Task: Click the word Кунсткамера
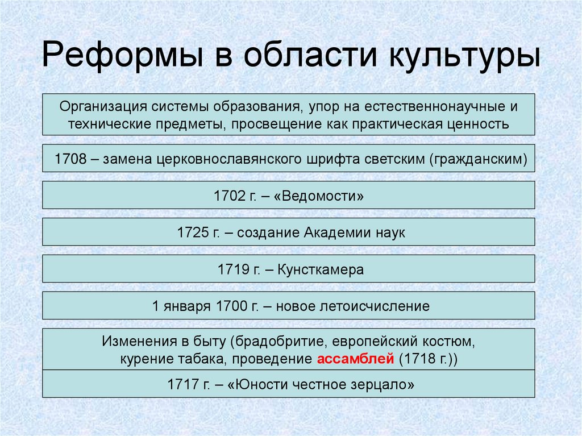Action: pyautogui.click(x=321, y=270)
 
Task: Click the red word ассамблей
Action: pyautogui.click(x=355, y=359)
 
